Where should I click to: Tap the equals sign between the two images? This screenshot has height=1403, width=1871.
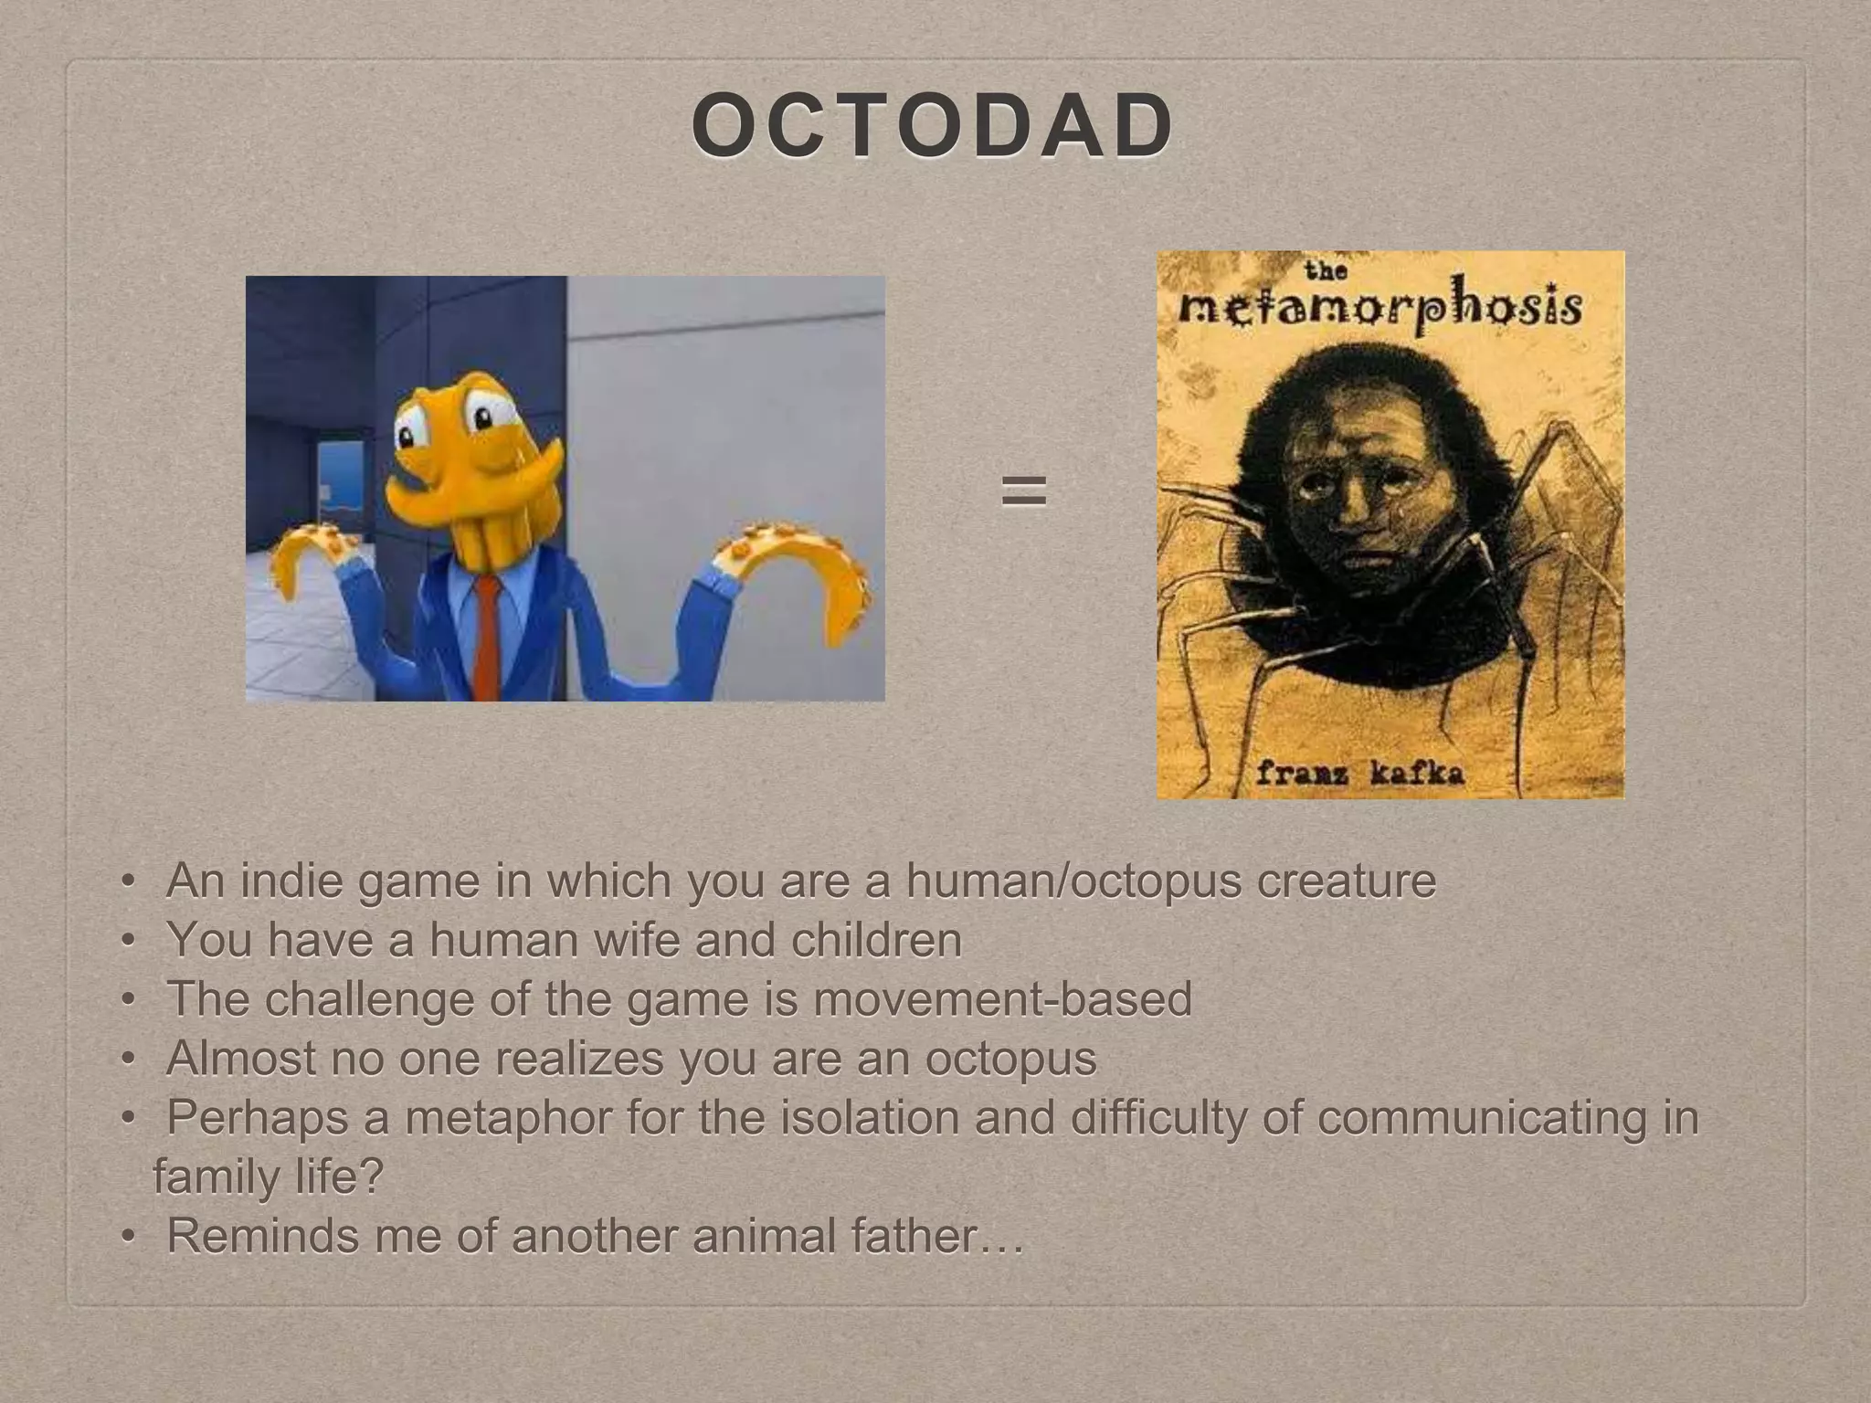pos(1023,491)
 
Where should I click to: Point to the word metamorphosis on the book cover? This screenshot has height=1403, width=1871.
pos(1379,308)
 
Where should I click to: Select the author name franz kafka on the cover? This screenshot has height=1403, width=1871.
pos(1360,774)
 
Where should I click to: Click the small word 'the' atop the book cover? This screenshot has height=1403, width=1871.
pos(1326,270)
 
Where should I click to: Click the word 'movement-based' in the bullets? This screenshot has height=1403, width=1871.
pos(1002,999)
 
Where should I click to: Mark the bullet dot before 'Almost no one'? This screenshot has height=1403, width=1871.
pos(129,1060)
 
